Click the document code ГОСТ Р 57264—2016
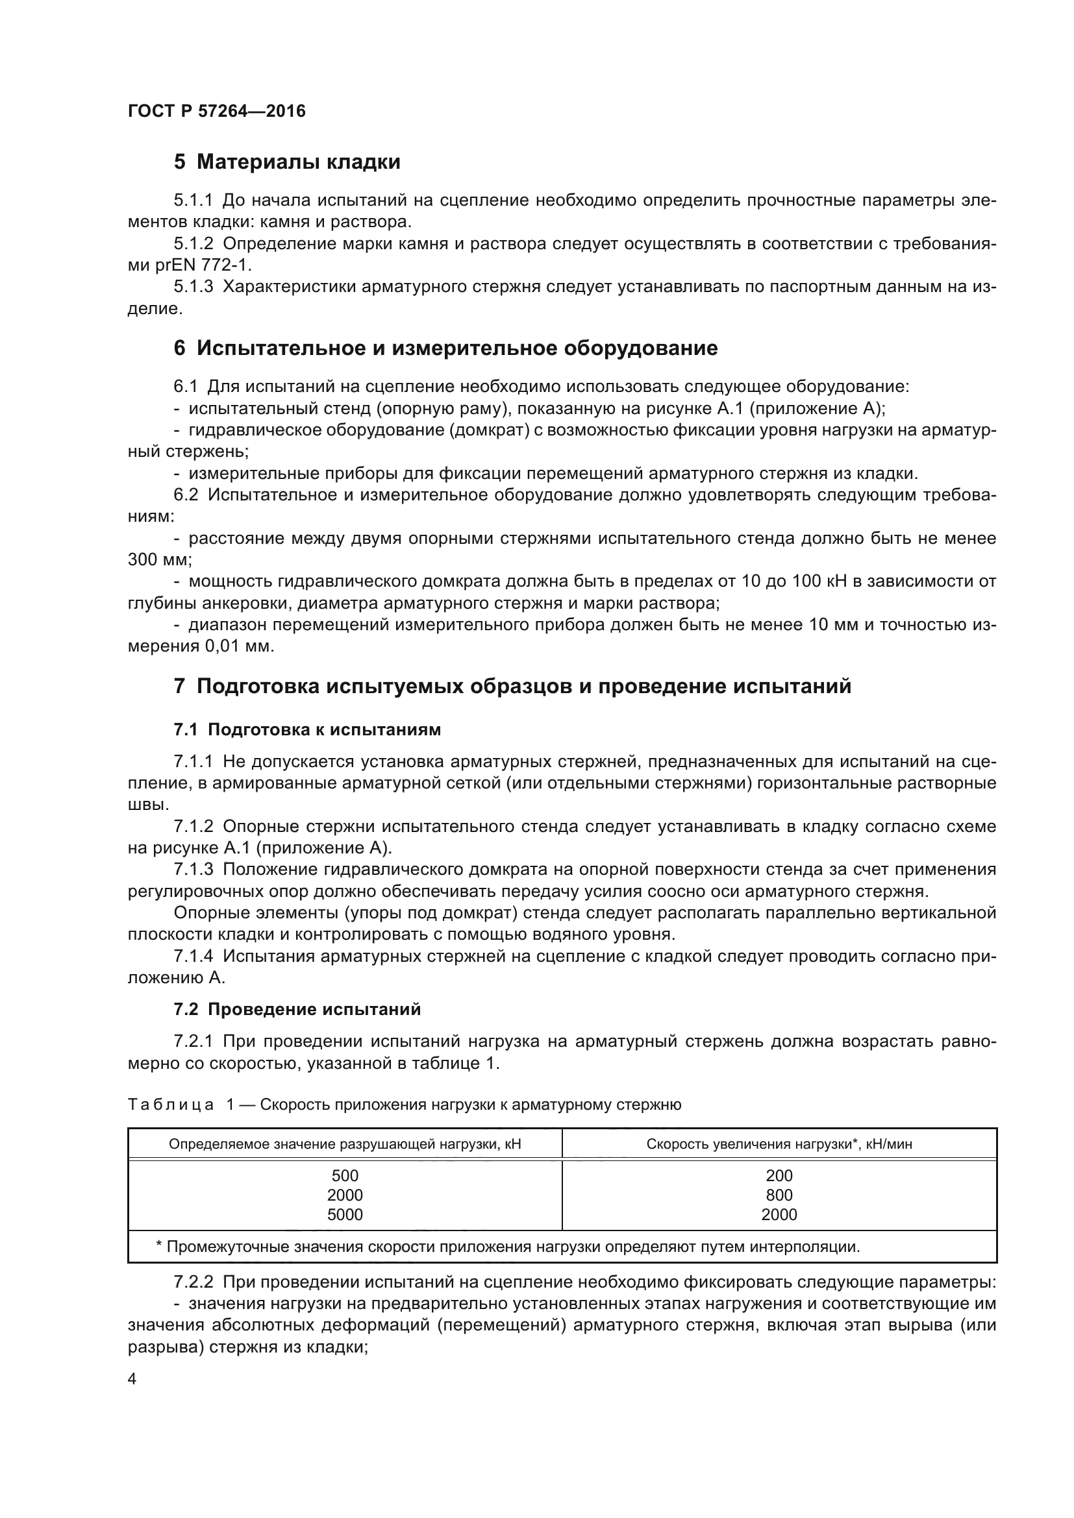pos(216,111)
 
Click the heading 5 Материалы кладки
pos(287,162)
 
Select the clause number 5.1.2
pos(193,244)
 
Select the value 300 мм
pos(158,560)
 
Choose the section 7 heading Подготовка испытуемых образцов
pos(512,686)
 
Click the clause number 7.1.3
pos(193,870)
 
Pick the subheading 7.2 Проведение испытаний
pos(297,1010)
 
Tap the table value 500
pos(345,1175)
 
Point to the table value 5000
pos(345,1214)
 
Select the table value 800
pos(779,1195)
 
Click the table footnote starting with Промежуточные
pos(507,1247)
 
